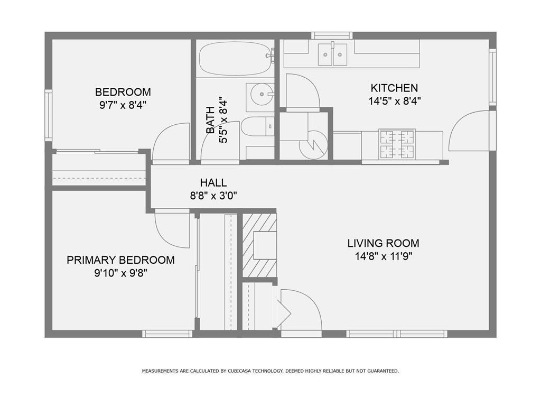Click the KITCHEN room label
coord(394,88)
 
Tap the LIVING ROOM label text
coord(384,243)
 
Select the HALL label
coord(213,182)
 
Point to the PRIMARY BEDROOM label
coord(121,260)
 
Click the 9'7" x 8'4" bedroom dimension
coord(123,105)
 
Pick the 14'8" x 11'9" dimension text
coord(384,256)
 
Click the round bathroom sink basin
coord(262,94)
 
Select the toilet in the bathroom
coord(257,126)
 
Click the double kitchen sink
coord(333,54)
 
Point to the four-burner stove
coord(397,144)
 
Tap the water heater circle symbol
coord(313,145)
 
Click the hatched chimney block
coord(259,245)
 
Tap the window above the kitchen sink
coord(332,35)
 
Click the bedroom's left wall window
coord(48,115)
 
